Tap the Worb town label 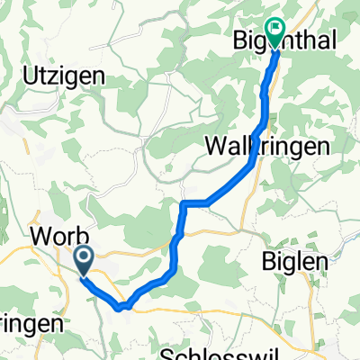click(x=58, y=236)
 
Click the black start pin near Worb click(x=83, y=261)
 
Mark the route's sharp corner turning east click(x=184, y=204)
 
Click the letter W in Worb click(x=39, y=236)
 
